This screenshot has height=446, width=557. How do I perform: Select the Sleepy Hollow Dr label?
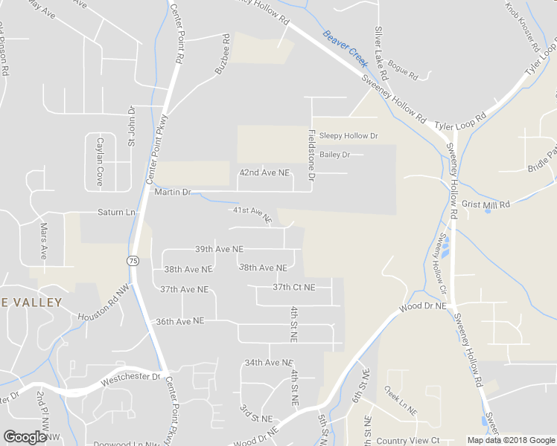point(348,136)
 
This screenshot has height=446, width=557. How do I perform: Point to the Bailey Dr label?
point(334,155)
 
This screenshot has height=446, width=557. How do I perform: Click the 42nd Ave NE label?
point(264,172)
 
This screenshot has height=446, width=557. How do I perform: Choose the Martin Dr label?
point(173,192)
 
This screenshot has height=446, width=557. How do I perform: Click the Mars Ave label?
point(44,239)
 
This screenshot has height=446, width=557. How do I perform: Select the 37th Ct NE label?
point(293,287)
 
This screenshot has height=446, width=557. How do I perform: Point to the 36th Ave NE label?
point(179,321)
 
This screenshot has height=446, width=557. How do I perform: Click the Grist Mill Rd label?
point(486,204)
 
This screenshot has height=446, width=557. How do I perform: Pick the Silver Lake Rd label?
point(381,54)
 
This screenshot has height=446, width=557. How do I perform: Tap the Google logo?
point(25,436)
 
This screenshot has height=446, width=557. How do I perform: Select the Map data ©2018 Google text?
point(511,440)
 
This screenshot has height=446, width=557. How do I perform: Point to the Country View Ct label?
point(408,441)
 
